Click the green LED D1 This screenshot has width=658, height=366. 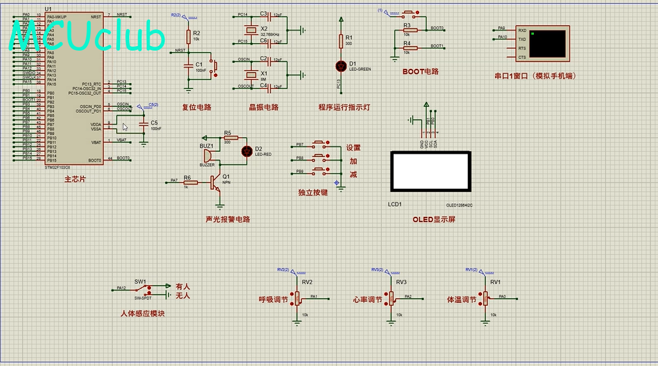340,66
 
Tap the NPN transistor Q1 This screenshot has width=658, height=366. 216,184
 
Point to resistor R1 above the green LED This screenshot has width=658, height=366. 340,42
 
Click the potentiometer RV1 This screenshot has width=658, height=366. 485,298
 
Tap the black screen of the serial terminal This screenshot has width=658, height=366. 547,43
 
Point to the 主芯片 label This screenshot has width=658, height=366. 74,179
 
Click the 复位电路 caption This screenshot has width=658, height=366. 196,107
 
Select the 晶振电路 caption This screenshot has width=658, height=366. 263,107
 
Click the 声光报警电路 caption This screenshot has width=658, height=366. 227,219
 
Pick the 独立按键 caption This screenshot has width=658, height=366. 312,193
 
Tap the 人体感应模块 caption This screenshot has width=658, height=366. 143,313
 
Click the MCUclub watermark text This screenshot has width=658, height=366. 88,38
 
